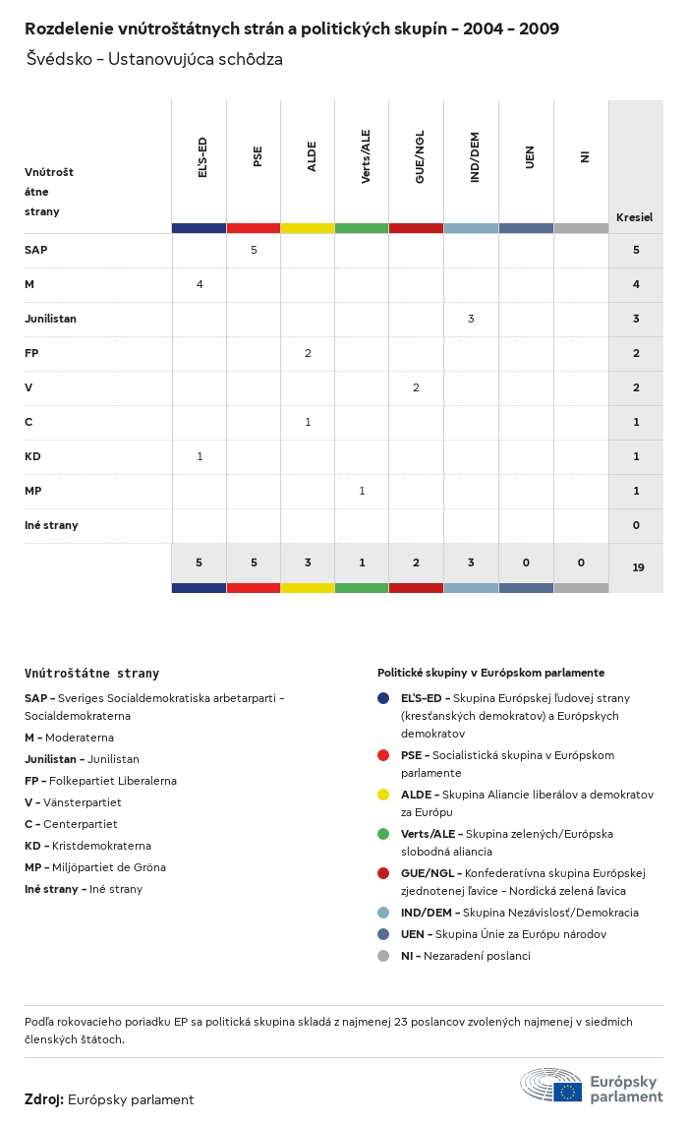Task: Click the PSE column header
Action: click(x=258, y=156)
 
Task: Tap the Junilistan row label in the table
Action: click(x=50, y=319)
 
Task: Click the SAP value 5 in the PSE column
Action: click(x=254, y=250)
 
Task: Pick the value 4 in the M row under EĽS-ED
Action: click(x=200, y=284)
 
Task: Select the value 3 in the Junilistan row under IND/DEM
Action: click(x=471, y=319)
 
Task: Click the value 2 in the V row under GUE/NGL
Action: click(x=416, y=387)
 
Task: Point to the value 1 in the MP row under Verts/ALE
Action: click(x=362, y=491)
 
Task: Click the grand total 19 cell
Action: click(x=638, y=567)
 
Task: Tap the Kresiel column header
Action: click(x=634, y=217)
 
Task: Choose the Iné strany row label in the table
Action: click(x=51, y=525)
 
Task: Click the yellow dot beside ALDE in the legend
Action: click(x=383, y=795)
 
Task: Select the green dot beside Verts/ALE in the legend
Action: click(x=383, y=834)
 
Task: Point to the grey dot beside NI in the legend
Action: click(x=383, y=956)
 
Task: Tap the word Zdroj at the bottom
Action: click(x=44, y=1099)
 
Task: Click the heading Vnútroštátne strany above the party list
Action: click(x=91, y=674)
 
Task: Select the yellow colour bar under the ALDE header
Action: click(x=308, y=228)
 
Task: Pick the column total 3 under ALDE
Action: click(x=308, y=562)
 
